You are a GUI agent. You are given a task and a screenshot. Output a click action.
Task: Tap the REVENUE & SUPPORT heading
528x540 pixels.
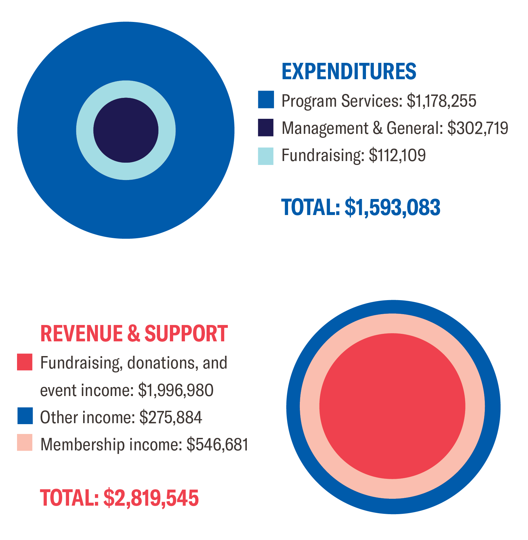pyautogui.click(x=134, y=334)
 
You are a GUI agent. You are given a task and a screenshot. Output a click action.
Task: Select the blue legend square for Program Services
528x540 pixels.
pyautogui.click(x=265, y=100)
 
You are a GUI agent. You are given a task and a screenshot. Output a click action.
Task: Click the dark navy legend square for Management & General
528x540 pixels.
pyautogui.click(x=265, y=127)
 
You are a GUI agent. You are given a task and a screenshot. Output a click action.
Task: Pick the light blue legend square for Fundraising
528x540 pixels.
pyautogui.click(x=265, y=156)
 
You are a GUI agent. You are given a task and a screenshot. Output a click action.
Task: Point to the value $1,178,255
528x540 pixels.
pyautogui.click(x=441, y=101)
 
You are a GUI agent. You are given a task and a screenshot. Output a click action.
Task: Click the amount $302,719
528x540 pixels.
pyautogui.click(x=478, y=128)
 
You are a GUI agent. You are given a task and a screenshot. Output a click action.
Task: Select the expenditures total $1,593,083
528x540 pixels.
pyautogui.click(x=392, y=207)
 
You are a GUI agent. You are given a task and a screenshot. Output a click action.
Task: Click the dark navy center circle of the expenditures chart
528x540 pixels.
pyautogui.click(x=126, y=130)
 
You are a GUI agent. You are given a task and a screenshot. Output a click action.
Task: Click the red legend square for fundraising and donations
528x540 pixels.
pyautogui.click(x=25, y=362)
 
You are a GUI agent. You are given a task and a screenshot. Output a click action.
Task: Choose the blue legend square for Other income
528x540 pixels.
pyautogui.click(x=25, y=416)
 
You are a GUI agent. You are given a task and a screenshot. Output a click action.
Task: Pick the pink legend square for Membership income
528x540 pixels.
pyautogui.click(x=25, y=442)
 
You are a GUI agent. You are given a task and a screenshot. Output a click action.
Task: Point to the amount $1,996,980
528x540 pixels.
pyautogui.click(x=175, y=390)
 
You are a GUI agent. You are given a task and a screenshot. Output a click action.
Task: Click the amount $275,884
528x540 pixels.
pyautogui.click(x=171, y=418)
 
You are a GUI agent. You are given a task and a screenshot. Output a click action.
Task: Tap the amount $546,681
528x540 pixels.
pyautogui.click(x=217, y=444)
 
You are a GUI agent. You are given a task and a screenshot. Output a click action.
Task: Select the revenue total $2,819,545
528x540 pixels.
pyautogui.click(x=151, y=498)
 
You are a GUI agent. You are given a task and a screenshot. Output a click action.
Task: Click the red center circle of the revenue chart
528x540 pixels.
pyautogui.click(x=392, y=406)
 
